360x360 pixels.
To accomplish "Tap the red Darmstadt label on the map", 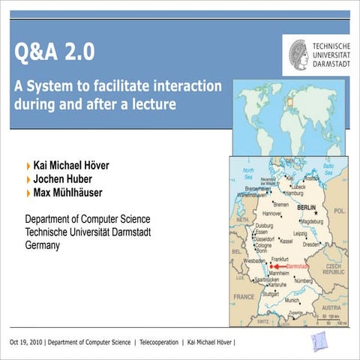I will click(298, 266).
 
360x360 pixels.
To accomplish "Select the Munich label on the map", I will click(292, 300).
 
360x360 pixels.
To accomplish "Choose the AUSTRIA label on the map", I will click(332, 307).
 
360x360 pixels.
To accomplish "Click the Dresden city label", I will click(313, 244).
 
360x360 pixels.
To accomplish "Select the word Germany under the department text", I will click(42, 244).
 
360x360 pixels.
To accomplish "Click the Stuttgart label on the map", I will click(271, 294).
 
